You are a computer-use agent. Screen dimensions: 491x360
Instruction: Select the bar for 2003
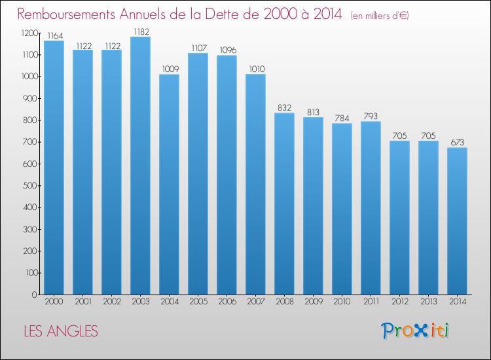[x=140, y=166]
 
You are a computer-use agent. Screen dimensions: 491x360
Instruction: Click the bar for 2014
[x=457, y=221]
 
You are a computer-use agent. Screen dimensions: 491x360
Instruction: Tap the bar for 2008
[x=284, y=204]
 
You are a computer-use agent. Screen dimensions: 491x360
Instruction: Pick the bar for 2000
[x=54, y=168]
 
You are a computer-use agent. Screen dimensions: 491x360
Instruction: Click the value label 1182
[x=141, y=32]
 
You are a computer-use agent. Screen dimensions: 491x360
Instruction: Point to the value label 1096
[x=228, y=50]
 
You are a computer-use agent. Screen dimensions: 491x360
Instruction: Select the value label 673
[x=457, y=143]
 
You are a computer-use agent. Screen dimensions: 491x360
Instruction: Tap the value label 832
[x=284, y=108]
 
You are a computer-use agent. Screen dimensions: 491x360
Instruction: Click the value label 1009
[x=170, y=69]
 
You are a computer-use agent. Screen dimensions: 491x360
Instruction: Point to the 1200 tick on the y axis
[x=29, y=33]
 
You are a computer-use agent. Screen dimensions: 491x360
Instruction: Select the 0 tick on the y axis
[x=35, y=295]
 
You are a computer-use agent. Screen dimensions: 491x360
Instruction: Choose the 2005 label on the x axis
[x=198, y=302]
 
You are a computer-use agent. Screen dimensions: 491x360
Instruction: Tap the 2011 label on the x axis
[x=371, y=302]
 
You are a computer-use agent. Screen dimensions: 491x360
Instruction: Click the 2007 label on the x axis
[x=256, y=302]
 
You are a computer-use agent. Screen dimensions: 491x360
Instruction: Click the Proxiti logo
[x=415, y=331]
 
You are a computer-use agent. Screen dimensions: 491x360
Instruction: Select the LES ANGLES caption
[x=61, y=331]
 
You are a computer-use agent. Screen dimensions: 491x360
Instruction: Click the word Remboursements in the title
[x=66, y=14]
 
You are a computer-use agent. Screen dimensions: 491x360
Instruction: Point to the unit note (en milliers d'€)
[x=380, y=16]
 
